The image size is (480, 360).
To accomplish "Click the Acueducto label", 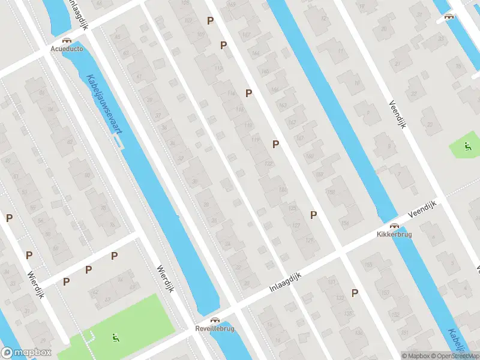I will [67, 47].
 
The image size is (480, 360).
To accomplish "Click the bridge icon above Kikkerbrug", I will [395, 226].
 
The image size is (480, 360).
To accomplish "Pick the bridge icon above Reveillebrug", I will [215, 320].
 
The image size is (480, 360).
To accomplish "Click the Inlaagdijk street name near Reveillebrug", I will [284, 282].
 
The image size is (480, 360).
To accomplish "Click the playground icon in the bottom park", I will [115, 338].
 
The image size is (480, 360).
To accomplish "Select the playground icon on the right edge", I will [467, 146].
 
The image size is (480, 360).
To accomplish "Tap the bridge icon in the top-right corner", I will [448, 16].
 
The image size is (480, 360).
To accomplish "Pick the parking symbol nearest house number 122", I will [275, 144].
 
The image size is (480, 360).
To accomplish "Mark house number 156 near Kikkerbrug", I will [344, 223].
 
